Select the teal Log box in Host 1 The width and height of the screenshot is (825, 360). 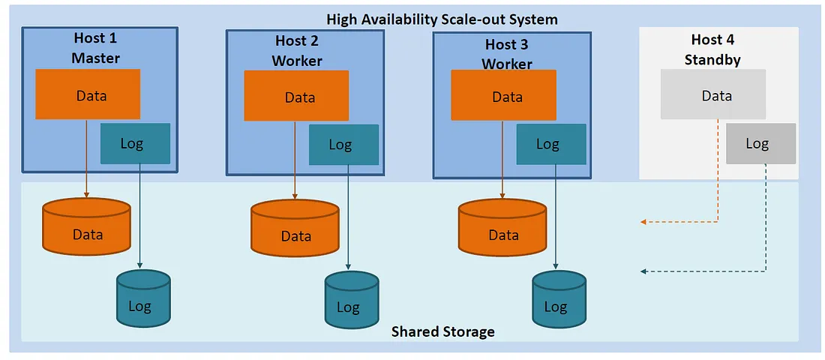click(x=136, y=143)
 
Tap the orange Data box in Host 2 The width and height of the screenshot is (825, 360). click(x=296, y=96)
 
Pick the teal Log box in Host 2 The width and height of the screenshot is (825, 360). click(x=343, y=145)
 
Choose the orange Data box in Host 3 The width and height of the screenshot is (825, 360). click(x=503, y=95)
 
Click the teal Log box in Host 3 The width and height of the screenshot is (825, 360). click(x=551, y=144)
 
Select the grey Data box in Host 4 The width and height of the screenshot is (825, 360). click(x=713, y=94)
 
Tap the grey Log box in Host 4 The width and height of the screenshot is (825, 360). click(x=760, y=143)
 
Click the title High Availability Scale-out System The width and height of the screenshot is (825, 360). click(x=442, y=19)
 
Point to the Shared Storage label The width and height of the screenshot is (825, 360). click(x=443, y=331)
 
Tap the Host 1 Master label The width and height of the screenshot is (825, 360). click(x=96, y=47)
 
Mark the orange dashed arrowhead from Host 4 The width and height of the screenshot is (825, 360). click(x=643, y=222)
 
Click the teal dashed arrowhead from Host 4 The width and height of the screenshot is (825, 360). click(x=643, y=271)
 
